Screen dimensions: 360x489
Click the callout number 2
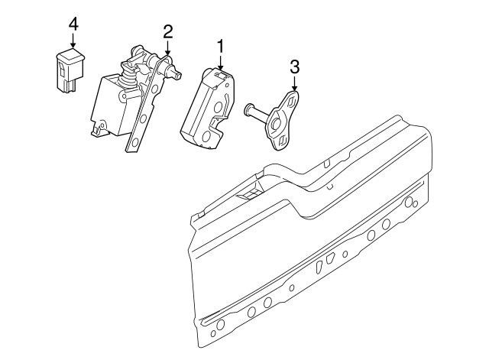tap(167, 31)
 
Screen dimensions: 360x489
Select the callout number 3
tap(294, 67)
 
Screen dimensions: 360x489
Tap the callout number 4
tap(73, 24)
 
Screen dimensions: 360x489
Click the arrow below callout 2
tap(167, 50)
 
